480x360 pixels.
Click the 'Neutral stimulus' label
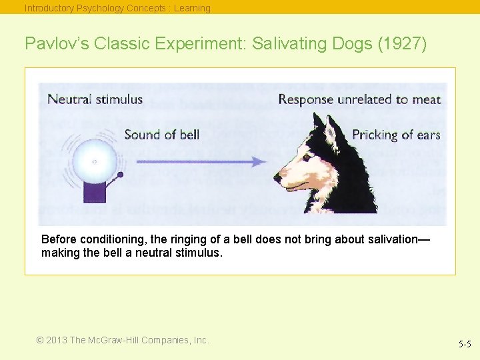click(95, 99)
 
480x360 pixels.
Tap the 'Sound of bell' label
click(162, 135)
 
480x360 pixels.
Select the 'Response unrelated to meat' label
click(359, 99)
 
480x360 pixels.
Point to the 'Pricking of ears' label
click(396, 135)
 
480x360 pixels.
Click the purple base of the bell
click(94, 192)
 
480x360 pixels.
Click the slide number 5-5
click(465, 344)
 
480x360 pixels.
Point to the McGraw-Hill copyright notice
click(123, 340)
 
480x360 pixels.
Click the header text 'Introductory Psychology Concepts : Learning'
click(117, 8)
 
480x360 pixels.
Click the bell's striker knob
click(120, 175)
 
